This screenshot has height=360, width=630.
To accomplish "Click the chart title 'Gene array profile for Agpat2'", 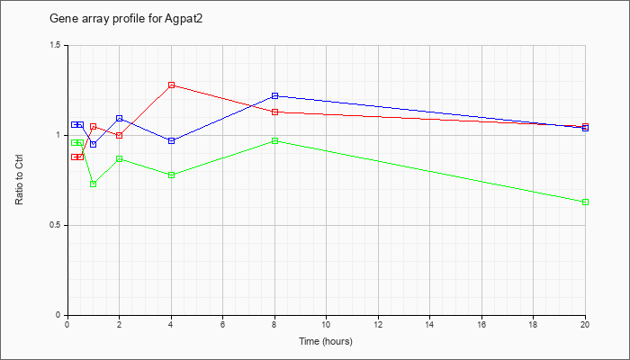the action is coord(126,19).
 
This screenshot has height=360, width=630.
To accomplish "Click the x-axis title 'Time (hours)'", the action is coord(326,341).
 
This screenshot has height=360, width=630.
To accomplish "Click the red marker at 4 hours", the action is coord(172,85).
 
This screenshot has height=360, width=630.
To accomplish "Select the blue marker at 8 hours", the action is coord(274,96).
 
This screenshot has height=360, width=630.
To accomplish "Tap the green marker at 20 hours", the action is coord(585,202).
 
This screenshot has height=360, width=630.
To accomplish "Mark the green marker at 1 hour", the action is coord(94,184).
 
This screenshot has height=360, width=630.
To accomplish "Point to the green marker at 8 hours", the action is coord(274,141).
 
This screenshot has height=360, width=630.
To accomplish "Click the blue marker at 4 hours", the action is coord(172,141).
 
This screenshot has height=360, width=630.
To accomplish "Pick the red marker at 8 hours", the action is coord(274,112).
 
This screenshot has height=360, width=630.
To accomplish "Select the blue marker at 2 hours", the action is coord(120,119).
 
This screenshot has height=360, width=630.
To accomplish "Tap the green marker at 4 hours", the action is coord(172,175).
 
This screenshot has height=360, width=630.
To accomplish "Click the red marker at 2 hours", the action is coord(120,135).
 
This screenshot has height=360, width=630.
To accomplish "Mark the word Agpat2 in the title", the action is coord(184,19).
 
